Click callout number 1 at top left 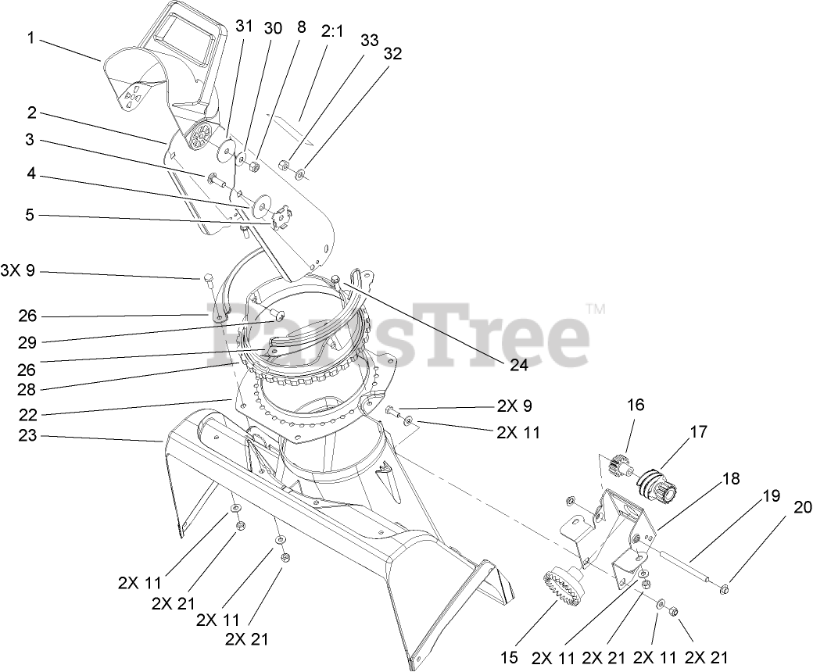click(x=31, y=38)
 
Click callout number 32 click(x=393, y=54)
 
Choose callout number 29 click(x=28, y=342)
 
